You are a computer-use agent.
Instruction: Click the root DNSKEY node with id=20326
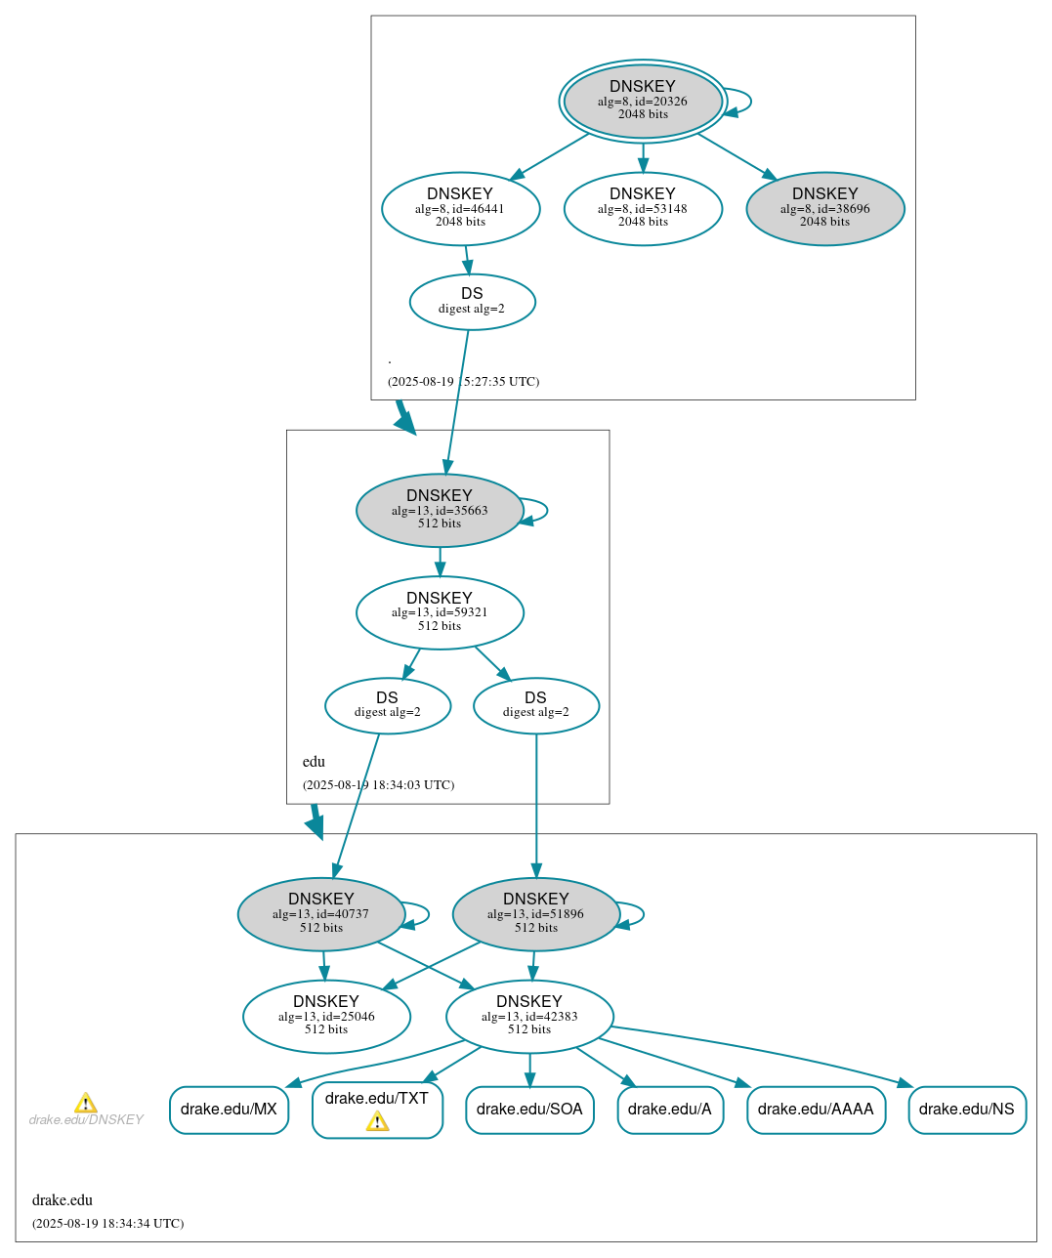point(643,101)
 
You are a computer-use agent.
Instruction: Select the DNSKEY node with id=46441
point(460,208)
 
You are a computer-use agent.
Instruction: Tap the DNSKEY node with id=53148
point(643,208)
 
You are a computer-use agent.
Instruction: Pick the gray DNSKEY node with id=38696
point(824,208)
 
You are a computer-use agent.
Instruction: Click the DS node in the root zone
point(472,301)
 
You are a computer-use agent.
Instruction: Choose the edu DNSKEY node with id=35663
point(440,510)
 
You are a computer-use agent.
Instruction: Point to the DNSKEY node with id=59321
point(440,612)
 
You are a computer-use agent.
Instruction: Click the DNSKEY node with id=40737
point(320,913)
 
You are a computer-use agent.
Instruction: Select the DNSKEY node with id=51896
point(535,913)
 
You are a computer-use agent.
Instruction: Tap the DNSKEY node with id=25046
point(326,1016)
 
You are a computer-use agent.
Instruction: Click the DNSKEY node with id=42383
point(529,1016)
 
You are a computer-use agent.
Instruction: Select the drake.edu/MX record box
point(229,1110)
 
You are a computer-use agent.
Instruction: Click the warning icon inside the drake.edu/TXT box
point(377,1121)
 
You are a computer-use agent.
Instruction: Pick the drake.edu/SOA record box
point(529,1110)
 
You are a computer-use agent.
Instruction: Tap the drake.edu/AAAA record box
point(816,1110)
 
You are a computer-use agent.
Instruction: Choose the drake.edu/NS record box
point(966,1110)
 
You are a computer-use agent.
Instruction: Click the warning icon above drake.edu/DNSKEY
point(86,1103)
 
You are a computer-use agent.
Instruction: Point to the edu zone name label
point(314,762)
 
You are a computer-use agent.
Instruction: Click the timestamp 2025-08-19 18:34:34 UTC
point(107,1224)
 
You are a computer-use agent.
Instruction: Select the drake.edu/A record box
point(670,1110)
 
